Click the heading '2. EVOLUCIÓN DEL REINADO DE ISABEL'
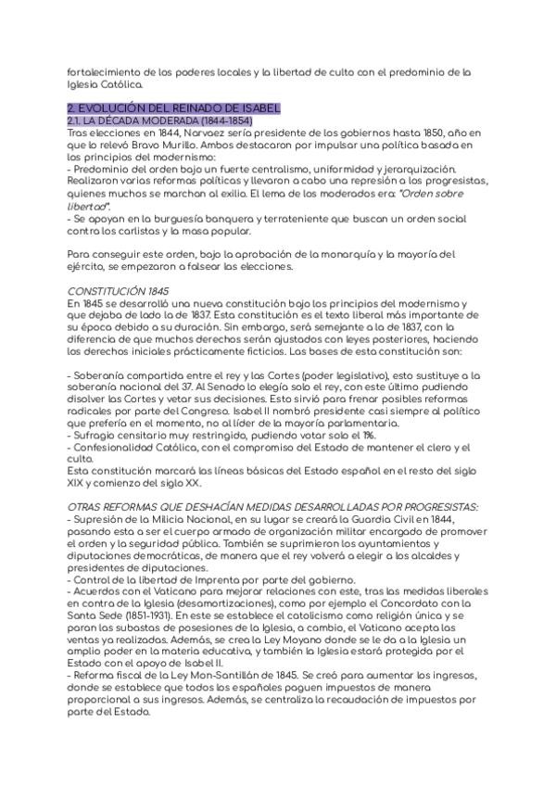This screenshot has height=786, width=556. [173, 108]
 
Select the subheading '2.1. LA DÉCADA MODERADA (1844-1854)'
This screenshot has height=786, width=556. [159, 121]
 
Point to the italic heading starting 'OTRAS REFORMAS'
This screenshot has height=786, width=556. [272, 508]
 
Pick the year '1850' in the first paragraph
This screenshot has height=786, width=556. [431, 133]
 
